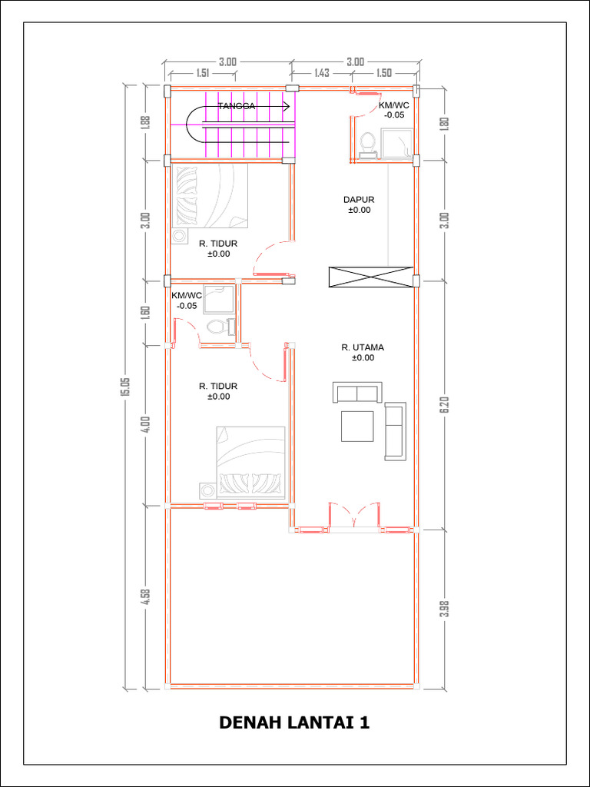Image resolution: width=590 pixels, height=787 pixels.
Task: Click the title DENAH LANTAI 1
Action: pyautogui.click(x=294, y=722)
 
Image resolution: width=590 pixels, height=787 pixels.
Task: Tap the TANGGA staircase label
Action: pyautogui.click(x=237, y=106)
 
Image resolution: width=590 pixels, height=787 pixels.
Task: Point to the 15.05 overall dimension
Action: pyautogui.click(x=125, y=387)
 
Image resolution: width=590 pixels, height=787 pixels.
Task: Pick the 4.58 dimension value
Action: pyautogui.click(x=146, y=596)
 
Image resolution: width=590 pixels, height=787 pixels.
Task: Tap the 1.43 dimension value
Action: pyautogui.click(x=322, y=73)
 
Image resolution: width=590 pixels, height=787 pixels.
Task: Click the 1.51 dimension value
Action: pyautogui.click(x=202, y=73)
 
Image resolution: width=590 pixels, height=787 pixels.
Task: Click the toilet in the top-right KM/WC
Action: pyautogui.click(x=368, y=144)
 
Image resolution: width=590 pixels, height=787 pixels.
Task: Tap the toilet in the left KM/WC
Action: pyautogui.click(x=220, y=326)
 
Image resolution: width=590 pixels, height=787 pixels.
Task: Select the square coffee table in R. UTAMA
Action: pyautogui.click(x=357, y=426)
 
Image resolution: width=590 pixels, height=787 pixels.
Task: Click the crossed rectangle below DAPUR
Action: pyautogui.click(x=371, y=277)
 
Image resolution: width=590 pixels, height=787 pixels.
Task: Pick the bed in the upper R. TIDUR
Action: pyautogui.click(x=210, y=196)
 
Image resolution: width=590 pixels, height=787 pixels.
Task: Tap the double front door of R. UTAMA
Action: pyautogui.click(x=354, y=515)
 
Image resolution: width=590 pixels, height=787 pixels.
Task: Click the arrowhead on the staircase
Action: pyautogui.click(x=287, y=106)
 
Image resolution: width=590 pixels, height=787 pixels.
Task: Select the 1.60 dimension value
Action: pyautogui.click(x=146, y=312)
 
